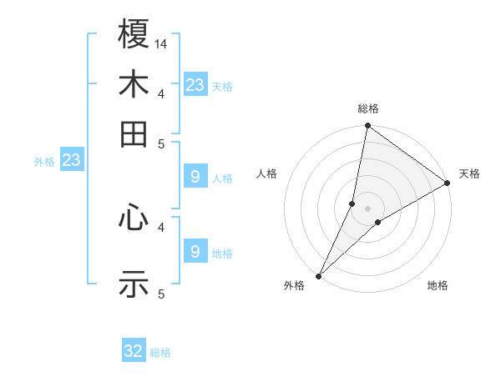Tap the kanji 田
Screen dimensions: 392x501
134,133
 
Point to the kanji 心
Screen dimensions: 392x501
134,219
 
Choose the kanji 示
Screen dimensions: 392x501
134,284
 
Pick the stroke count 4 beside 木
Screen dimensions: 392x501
161,93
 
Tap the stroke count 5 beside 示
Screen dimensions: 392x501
161,294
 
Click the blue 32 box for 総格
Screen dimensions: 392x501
134,351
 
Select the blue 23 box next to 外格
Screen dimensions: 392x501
71,160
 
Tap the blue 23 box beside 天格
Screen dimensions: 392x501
195,85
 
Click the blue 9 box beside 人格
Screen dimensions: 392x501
195,177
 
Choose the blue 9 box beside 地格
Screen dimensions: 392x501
195,251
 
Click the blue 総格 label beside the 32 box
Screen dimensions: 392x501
161,353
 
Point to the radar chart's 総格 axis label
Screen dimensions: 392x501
368,108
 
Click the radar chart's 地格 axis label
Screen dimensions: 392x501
438,286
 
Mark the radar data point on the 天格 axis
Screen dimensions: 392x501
448,183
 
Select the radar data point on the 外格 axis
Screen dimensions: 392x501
319,275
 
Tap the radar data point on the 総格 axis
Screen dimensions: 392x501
368,127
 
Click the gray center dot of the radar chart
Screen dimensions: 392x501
368,208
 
